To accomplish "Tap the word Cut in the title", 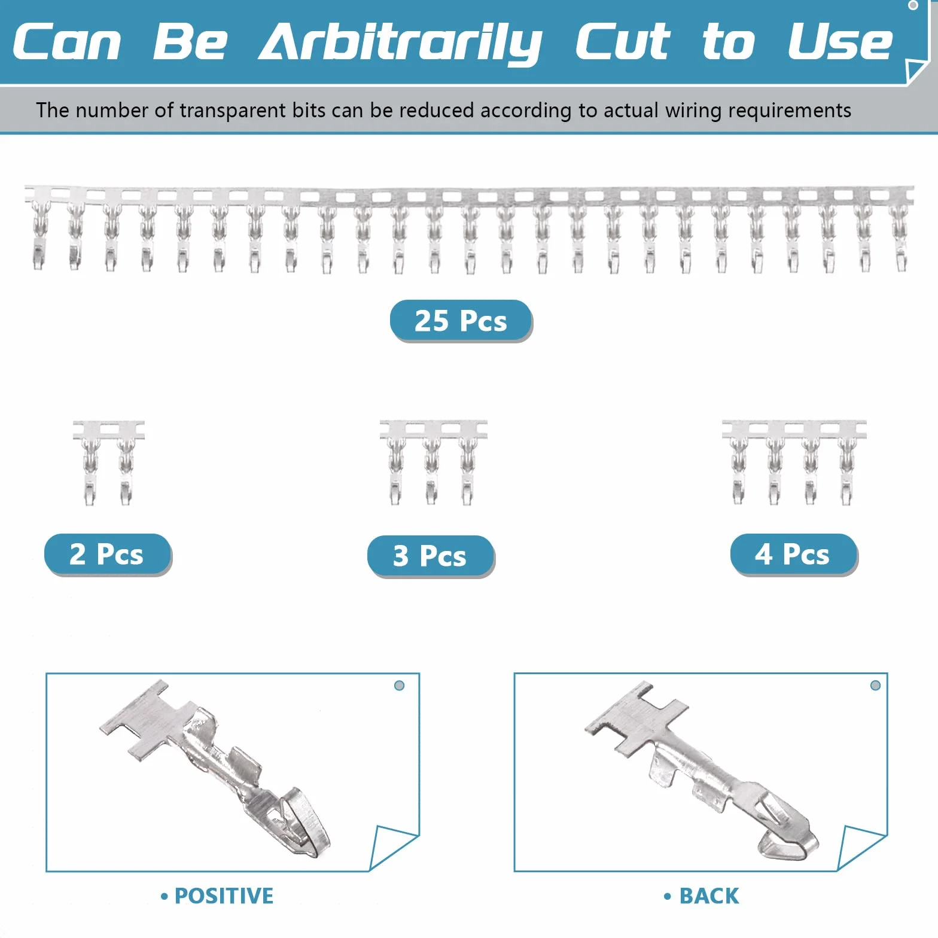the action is (622, 42).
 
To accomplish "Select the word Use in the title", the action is (840, 42).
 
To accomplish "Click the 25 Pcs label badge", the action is (461, 321).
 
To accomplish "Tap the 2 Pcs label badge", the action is (108, 554).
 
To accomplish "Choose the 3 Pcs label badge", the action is (431, 556).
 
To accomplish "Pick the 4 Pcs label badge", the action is (793, 554).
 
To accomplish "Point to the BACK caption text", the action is (702, 896).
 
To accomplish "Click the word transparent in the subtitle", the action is (233, 111).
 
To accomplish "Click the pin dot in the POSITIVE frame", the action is (399, 686).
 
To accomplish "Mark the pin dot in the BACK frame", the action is (875, 685).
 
